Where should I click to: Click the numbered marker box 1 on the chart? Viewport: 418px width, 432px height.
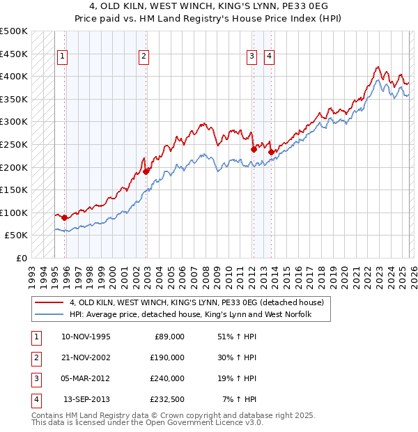[63, 57]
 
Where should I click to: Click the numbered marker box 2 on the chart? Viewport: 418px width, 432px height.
[144, 57]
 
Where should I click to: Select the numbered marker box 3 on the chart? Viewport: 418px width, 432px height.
[251, 57]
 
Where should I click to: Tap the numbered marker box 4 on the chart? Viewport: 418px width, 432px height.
[269, 57]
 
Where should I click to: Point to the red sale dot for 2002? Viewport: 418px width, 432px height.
[146, 171]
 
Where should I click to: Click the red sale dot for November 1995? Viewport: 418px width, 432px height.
[65, 217]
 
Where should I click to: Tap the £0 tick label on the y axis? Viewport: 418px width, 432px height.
[21, 258]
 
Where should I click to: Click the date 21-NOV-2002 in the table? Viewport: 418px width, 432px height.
[86, 357]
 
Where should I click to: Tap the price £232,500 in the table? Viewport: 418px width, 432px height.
[167, 400]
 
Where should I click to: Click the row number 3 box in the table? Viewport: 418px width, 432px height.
[35, 379]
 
